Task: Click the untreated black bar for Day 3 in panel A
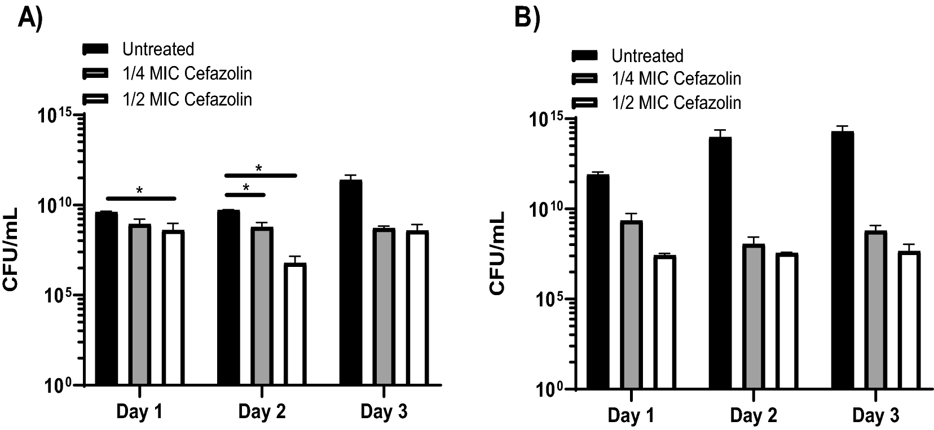click(x=351, y=282)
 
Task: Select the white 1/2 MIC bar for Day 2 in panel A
click(x=294, y=324)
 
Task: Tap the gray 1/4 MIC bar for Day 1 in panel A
click(x=139, y=305)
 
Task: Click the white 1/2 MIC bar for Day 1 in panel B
click(x=664, y=322)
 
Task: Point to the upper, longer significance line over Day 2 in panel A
click(x=260, y=175)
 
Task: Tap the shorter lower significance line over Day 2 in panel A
click(x=245, y=195)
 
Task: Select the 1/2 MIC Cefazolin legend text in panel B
click(x=676, y=103)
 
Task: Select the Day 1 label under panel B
click(x=631, y=416)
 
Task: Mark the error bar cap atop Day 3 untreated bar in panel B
click(x=843, y=126)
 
